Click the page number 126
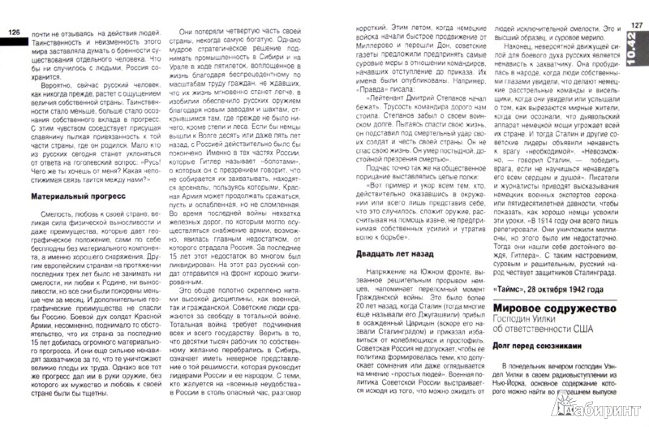point(14,32)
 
